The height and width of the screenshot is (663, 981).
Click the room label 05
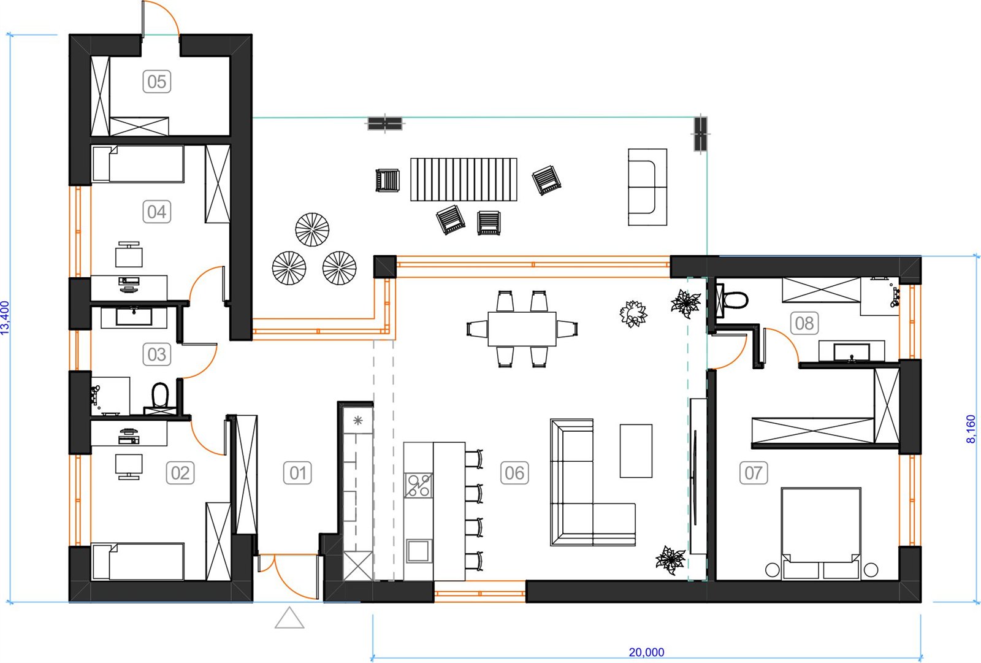tap(157, 82)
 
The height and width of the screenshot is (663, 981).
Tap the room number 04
tap(157, 212)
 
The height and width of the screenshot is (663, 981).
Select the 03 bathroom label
tap(157, 354)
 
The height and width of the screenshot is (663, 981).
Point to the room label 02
tap(180, 473)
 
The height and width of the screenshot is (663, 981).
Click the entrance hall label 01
tap(297, 473)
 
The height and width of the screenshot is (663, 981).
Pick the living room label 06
tap(514, 473)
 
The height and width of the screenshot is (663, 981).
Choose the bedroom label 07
tap(754, 473)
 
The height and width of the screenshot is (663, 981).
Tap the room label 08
tap(804, 323)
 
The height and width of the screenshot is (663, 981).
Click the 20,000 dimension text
tap(646, 653)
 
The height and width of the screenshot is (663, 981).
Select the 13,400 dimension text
tap(5, 318)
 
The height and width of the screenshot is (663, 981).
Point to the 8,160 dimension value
tap(971, 429)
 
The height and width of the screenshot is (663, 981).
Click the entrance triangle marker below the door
tap(289, 618)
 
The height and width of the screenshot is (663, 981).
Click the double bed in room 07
tap(821, 534)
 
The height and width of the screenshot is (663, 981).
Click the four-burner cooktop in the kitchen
tap(418, 486)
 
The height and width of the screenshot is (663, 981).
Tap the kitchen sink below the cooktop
tap(419, 551)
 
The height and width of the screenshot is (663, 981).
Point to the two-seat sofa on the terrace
tap(647, 187)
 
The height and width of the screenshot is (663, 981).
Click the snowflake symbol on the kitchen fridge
tap(358, 421)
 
